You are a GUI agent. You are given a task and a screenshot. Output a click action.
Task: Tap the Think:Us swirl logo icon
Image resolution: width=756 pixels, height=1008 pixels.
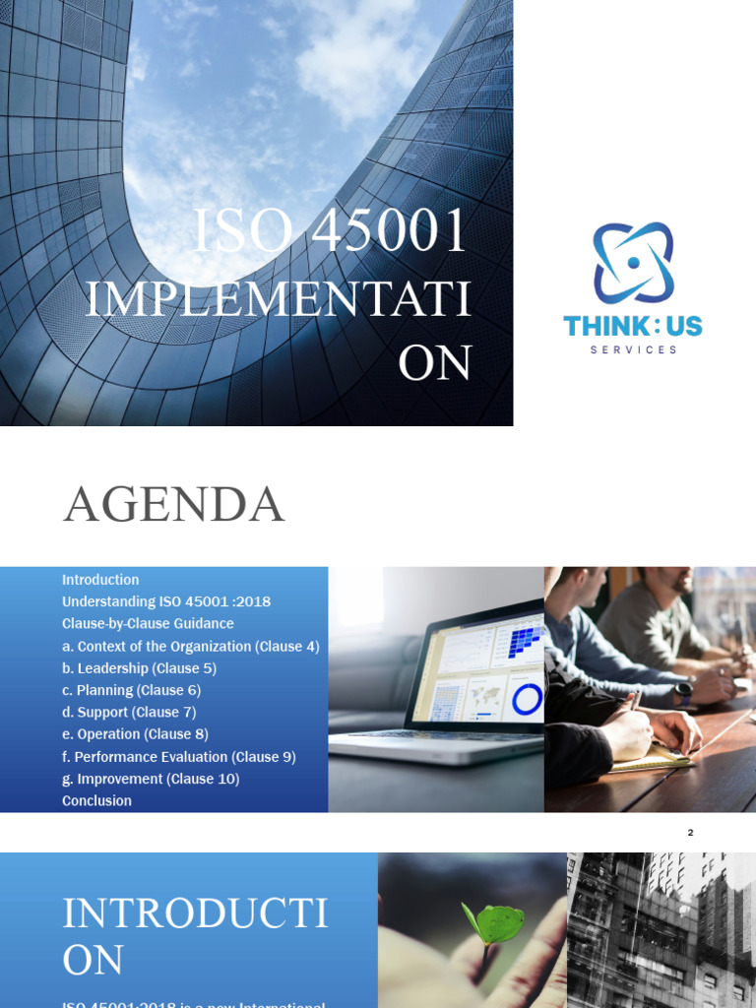[x=633, y=263]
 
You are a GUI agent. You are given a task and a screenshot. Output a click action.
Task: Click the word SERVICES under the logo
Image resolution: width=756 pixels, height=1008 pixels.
[x=633, y=349]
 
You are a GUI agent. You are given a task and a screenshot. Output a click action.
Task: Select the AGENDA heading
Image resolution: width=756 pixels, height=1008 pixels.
[x=174, y=505]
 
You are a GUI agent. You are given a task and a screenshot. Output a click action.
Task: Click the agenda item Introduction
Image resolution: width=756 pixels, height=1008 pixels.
[x=100, y=580]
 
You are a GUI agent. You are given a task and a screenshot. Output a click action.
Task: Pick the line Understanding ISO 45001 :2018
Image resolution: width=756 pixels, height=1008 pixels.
[x=166, y=601]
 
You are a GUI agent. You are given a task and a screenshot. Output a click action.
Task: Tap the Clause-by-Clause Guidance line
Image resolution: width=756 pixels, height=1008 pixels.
[x=148, y=623]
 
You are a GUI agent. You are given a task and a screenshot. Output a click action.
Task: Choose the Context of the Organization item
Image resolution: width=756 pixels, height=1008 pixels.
[x=191, y=647]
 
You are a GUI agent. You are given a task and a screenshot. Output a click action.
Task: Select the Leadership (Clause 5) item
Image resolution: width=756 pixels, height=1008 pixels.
[x=139, y=668]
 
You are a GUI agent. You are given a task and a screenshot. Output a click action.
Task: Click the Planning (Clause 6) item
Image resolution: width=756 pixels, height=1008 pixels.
[x=131, y=690]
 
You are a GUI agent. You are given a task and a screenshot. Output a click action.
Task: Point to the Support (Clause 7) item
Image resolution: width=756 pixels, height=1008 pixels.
[x=129, y=712]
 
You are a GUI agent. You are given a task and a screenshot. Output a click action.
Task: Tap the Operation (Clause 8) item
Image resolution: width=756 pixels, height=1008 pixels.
[x=135, y=733]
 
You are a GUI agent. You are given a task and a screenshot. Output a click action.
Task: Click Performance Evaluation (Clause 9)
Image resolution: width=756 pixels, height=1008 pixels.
[x=179, y=757]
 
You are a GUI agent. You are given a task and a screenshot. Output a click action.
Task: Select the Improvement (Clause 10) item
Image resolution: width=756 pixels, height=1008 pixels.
[x=151, y=779]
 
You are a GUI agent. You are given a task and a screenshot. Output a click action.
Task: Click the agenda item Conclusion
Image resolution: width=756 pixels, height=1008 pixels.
[x=96, y=800]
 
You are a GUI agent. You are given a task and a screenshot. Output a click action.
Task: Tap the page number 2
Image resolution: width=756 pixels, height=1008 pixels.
[x=691, y=833]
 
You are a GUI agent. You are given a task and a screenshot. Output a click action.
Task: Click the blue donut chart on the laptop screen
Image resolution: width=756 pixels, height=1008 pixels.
[x=528, y=699]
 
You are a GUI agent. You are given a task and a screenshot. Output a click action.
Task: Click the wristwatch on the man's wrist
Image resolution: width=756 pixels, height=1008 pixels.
[x=683, y=690]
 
